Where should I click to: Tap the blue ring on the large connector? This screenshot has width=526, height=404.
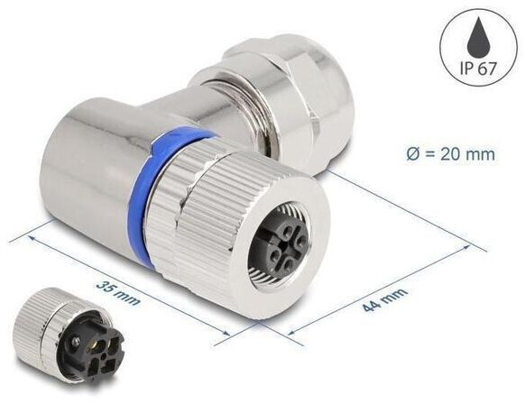pyautogui.click(x=171, y=171)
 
